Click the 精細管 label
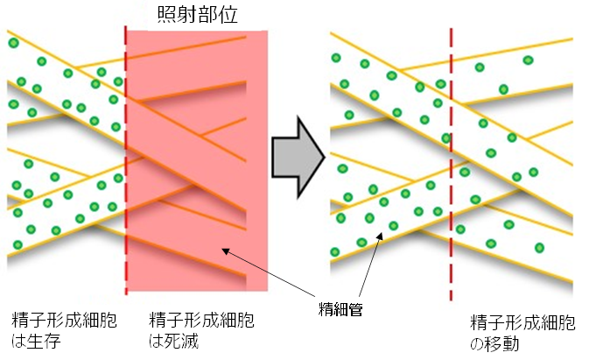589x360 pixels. [x=339, y=308]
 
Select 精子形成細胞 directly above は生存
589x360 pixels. [x=64, y=320]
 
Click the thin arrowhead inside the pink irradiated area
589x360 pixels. [x=225, y=252]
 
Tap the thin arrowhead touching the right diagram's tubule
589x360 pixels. [x=378, y=236]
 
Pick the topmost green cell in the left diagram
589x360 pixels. [x=13, y=43]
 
